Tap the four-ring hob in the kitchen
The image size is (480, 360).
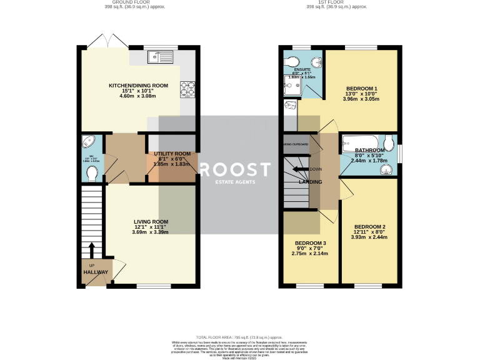(187, 91)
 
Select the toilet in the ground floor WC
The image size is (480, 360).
(91, 171)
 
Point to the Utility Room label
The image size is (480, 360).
(169, 154)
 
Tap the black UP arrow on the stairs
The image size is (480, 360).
(91, 250)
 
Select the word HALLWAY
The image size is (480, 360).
(96, 272)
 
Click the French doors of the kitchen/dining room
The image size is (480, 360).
(109, 41)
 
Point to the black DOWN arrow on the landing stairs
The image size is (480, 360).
(301, 169)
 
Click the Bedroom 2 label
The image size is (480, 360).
(369, 226)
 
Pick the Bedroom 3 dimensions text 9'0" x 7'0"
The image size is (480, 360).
(310, 248)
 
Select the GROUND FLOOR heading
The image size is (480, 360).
(121, 2)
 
